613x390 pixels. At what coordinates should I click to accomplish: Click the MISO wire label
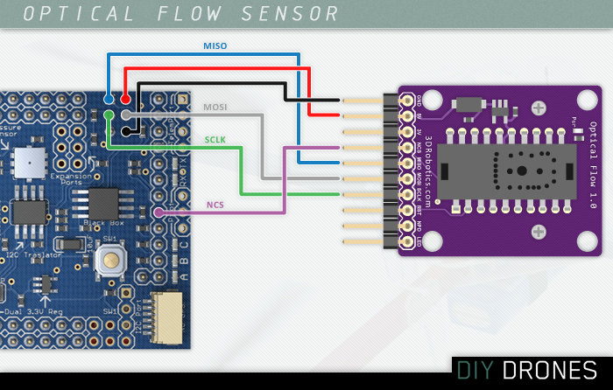(215, 45)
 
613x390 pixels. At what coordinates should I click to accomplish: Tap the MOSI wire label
(215, 107)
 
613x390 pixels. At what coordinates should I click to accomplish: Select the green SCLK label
(215, 139)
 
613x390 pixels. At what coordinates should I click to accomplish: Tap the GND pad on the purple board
(407, 100)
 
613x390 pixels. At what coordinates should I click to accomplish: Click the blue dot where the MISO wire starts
(109, 99)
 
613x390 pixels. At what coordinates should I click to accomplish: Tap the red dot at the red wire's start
(126, 99)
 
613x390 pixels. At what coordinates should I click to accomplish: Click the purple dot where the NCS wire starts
(159, 212)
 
